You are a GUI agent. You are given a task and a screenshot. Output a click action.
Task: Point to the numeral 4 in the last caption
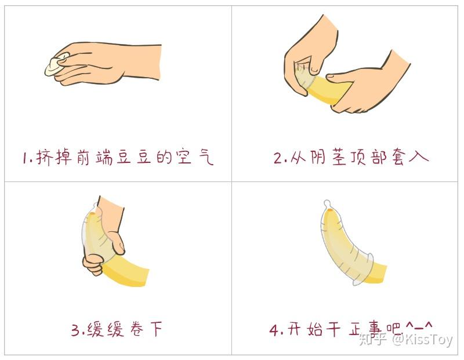274,329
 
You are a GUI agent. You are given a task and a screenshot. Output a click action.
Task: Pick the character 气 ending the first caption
205,157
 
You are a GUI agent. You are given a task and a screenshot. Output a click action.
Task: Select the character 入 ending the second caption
419,156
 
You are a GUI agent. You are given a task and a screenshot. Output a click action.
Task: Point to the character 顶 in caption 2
360,157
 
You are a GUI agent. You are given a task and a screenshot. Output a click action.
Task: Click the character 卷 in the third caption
137,329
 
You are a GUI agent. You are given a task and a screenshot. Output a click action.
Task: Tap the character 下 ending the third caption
156,329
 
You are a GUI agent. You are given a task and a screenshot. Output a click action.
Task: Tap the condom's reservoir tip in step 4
327,204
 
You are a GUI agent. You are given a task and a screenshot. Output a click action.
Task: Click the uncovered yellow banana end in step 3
126,271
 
